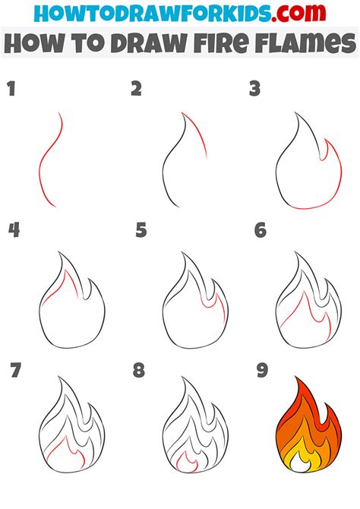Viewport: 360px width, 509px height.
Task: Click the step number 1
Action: (11, 90)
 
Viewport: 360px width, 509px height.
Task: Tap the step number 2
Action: (136, 90)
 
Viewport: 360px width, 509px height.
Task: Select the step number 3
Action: (255, 90)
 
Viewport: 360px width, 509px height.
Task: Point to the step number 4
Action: (13, 229)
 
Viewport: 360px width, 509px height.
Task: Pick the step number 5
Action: (141, 229)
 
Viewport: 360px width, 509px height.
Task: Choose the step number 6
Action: (261, 229)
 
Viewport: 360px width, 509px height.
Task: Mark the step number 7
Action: (15, 371)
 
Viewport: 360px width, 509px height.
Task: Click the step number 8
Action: (138, 371)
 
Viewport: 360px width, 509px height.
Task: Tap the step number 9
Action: (261, 371)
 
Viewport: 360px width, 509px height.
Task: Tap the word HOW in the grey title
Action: (30, 45)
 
